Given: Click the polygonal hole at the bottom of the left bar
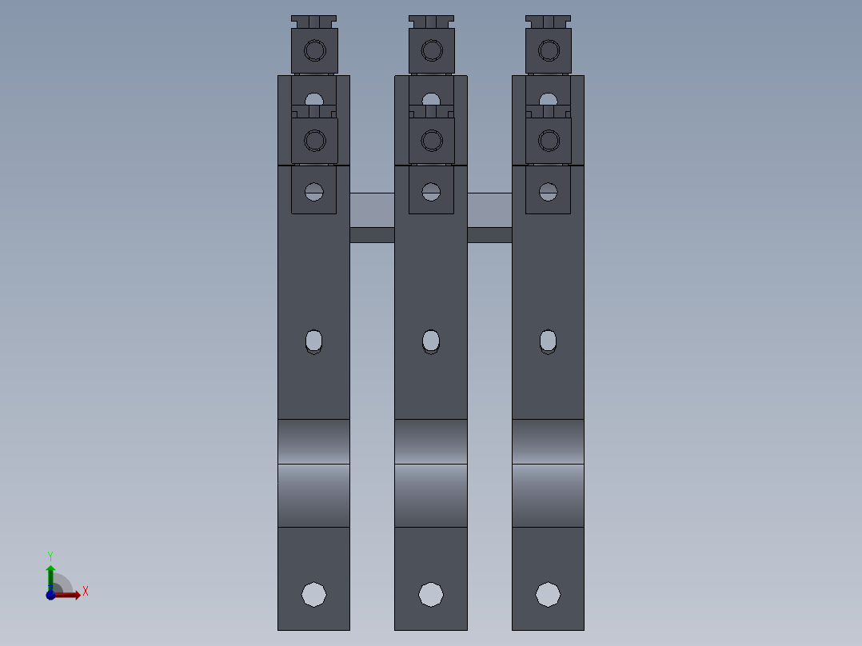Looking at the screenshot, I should pos(313,594).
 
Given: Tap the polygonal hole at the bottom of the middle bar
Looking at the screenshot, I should pos(431,594).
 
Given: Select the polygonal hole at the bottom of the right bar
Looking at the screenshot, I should pos(548,594).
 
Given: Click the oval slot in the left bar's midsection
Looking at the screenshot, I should pos(314,341).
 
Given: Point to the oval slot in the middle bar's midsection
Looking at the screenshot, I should pos(431,341).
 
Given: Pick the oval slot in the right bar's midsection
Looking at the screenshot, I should pos(548,341).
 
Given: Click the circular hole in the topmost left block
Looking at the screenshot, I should pos(315,52).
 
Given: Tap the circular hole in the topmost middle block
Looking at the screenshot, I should pos(432,52).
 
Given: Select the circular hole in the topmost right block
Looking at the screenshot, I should pos(549,52).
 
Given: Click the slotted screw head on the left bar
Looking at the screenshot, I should pos(314,192).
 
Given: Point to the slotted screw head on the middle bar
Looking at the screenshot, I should pos(431,192).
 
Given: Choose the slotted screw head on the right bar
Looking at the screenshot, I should pos(548,192).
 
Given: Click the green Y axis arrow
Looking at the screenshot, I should pos(50,574).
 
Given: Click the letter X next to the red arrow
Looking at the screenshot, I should pos(85,592).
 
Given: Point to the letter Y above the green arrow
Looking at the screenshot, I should pos(50,556).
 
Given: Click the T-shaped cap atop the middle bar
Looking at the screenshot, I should pos(431,21).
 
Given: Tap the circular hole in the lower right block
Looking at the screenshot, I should pos(549,142).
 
